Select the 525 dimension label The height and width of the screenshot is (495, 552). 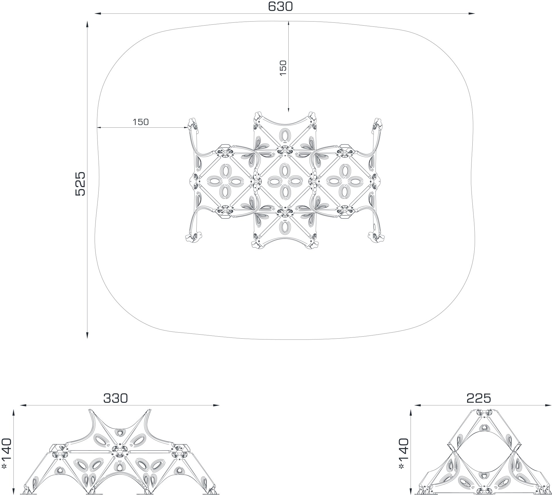(80, 184)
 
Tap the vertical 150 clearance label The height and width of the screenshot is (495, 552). (283, 68)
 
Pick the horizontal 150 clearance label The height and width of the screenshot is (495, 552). (141, 122)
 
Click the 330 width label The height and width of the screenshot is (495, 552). (115, 398)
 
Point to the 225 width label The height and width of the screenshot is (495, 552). (479, 398)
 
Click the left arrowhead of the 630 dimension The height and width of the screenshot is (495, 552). (97, 14)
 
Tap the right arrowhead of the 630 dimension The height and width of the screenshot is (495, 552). (472, 14)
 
